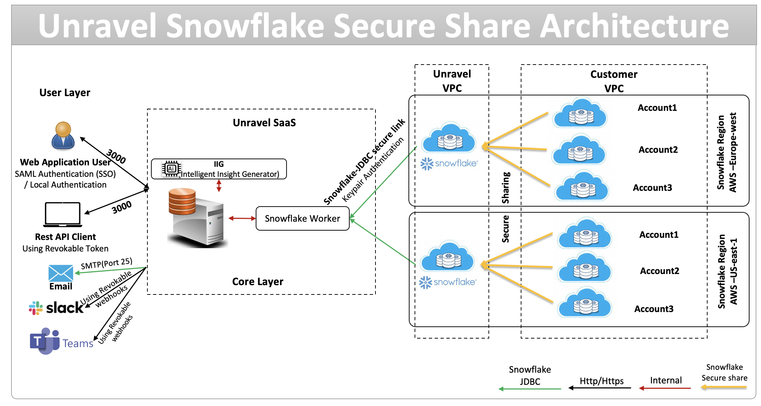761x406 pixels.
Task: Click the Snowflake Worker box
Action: click(302, 218)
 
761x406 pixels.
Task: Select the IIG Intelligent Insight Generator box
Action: click(219, 169)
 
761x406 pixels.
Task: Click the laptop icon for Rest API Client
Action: click(63, 215)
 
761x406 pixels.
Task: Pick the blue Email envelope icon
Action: click(61, 273)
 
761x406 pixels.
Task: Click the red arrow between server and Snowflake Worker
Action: click(242, 218)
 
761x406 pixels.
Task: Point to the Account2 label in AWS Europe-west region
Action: click(658, 150)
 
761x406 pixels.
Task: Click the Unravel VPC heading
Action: click(452, 81)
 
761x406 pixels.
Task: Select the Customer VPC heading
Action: click(614, 81)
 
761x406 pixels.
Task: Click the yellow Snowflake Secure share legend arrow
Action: click(724, 387)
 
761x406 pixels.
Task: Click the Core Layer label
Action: click(257, 282)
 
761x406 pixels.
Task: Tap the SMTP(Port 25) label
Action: click(107, 264)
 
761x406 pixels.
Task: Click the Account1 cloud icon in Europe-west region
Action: click(580, 113)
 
